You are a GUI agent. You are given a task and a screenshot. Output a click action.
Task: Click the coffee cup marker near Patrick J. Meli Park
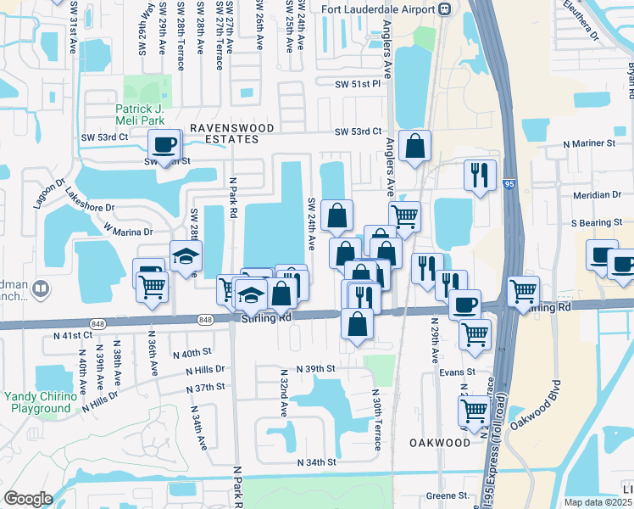coord(164,146)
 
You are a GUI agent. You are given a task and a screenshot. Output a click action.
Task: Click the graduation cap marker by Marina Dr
coord(186,257)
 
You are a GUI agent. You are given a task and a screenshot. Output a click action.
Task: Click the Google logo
coord(28,499)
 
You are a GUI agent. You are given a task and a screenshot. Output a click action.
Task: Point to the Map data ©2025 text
coord(598,502)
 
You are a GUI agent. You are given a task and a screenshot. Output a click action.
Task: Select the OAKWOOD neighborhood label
coord(439,443)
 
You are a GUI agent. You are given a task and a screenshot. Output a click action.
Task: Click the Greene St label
coord(448,495)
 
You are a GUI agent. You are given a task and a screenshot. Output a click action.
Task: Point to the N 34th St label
coord(317,462)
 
